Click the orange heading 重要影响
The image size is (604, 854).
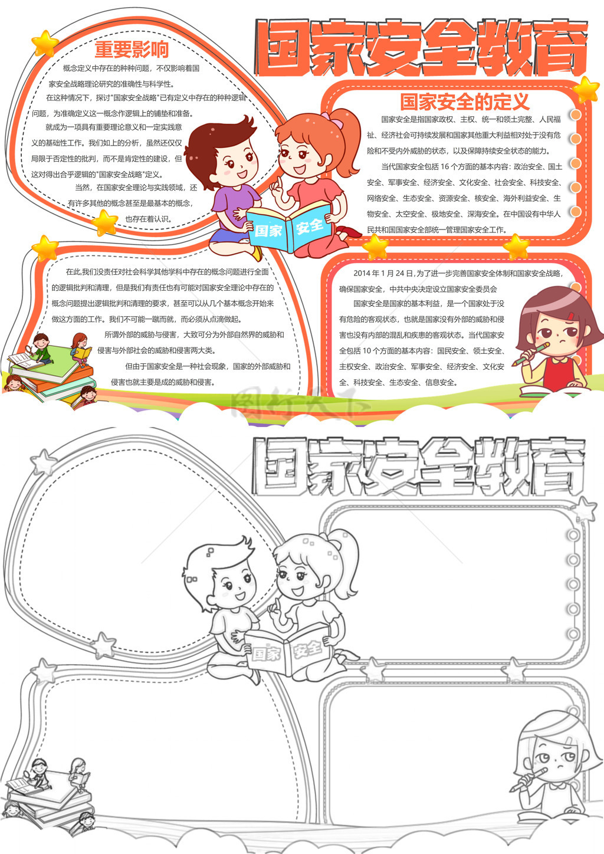coord(132,50)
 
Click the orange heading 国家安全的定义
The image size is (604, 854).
coord(465,101)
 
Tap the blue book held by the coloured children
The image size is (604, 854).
coord(288,227)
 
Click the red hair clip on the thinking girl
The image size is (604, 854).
coord(571,316)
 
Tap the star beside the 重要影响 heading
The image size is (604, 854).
coord(45,43)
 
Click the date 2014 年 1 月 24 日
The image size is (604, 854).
coord(383,273)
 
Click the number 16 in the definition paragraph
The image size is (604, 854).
coord(445,166)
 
